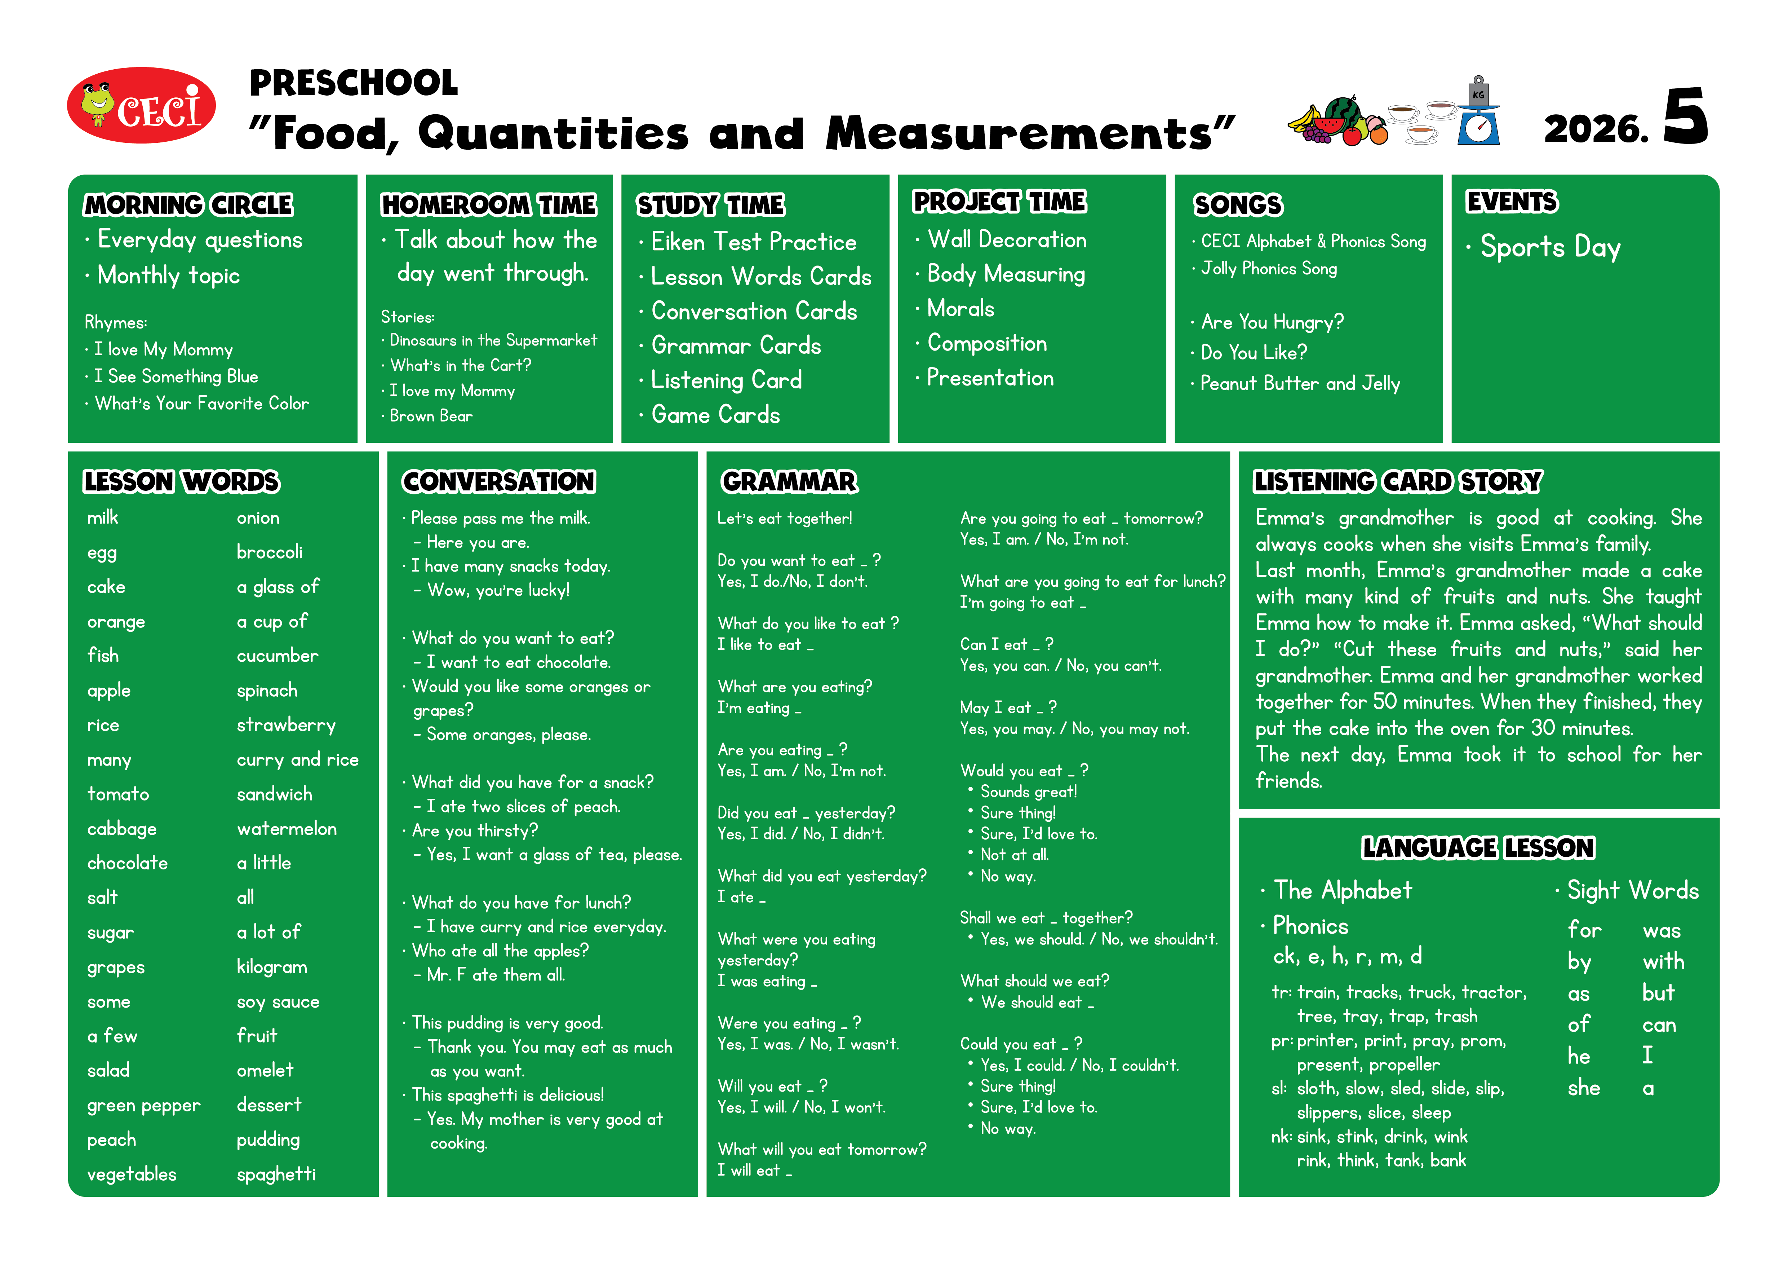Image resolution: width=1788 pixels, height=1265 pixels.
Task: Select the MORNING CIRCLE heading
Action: (x=188, y=205)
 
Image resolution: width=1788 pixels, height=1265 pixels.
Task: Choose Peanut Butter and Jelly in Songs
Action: (x=1300, y=383)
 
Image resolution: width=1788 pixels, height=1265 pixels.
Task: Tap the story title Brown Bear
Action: (x=431, y=416)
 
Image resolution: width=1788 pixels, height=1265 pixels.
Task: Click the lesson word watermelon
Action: (x=287, y=829)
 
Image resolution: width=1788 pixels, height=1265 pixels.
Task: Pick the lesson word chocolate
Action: (x=128, y=863)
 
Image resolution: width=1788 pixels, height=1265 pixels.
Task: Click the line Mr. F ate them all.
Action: (x=495, y=974)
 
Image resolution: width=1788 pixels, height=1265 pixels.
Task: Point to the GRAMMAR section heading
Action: (x=789, y=481)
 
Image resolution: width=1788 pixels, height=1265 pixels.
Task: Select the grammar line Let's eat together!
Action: (x=784, y=518)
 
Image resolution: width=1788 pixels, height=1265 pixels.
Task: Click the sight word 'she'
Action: (x=1583, y=1088)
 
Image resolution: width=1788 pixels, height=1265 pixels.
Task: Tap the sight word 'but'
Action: (x=1658, y=993)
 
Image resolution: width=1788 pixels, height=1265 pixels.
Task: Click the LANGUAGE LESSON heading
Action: (x=1477, y=847)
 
